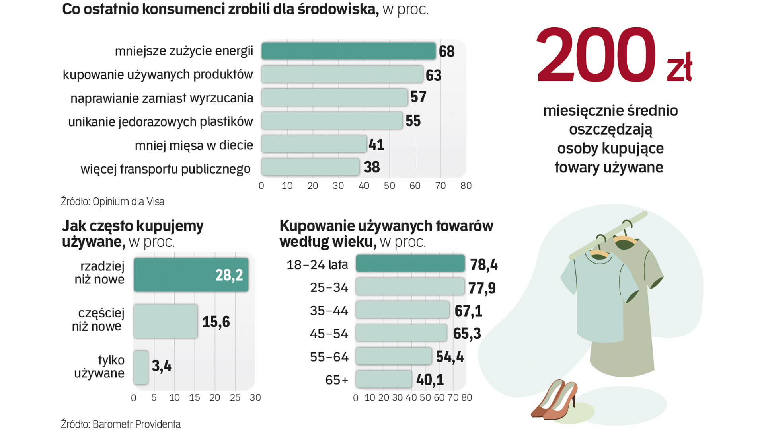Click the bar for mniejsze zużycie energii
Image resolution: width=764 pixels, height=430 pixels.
tap(348, 51)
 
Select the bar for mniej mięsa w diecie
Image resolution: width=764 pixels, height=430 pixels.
tap(314, 144)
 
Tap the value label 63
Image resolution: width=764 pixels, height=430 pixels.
tap(433, 75)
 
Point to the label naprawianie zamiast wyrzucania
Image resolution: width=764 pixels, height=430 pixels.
tap(162, 98)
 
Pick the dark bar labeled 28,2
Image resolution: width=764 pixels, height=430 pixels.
tap(191, 275)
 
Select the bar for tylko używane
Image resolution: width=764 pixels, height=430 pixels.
tap(141, 367)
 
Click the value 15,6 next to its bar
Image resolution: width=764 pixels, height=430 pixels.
tap(216, 322)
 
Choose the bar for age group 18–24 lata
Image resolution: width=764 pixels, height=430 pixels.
tap(410, 264)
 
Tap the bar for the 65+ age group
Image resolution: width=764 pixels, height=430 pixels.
tap(384, 379)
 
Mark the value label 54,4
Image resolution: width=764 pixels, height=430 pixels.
tap(450, 357)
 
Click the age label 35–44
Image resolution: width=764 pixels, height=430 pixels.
tap(329, 311)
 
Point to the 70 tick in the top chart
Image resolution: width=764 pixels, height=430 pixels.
tap(440, 186)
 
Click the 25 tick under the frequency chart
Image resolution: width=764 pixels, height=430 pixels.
tap(235, 398)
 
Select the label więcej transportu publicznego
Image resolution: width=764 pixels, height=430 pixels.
tap(166, 169)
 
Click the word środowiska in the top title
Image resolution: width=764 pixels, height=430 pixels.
tap(338, 9)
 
